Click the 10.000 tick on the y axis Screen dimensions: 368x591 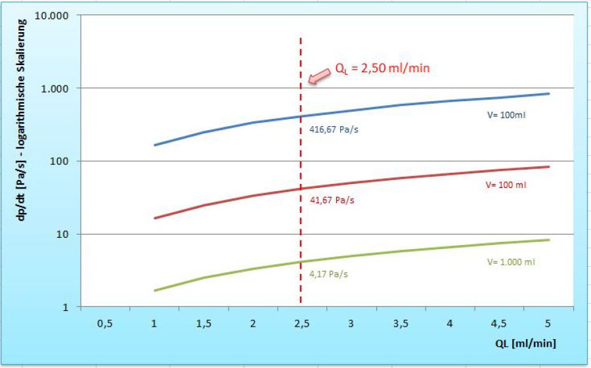(57, 15)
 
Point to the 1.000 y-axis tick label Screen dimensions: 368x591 (60, 88)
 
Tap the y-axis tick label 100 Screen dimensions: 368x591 (64, 161)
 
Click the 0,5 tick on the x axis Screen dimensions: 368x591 (104, 323)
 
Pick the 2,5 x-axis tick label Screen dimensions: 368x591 (301, 323)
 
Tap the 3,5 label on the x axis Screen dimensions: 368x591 (400, 323)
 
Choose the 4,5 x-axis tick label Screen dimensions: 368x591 (498, 323)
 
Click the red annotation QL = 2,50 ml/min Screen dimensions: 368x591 (386, 68)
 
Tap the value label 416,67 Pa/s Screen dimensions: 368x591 (334, 129)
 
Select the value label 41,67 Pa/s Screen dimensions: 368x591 (332, 200)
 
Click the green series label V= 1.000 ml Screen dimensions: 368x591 (512, 261)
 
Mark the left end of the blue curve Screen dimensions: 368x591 (154, 145)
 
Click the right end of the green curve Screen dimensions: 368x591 (548, 240)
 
